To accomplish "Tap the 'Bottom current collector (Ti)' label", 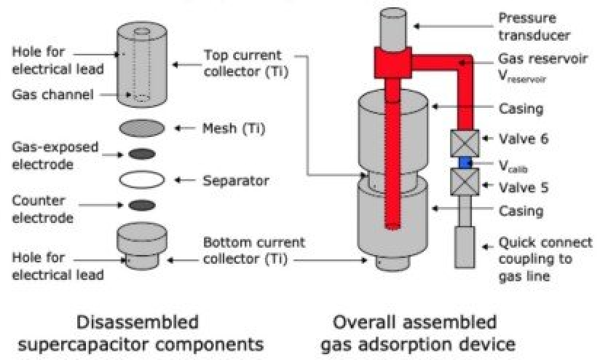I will coord(252,251).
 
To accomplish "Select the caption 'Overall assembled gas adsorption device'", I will coord(414,332).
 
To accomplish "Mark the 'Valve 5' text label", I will coord(522,187).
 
